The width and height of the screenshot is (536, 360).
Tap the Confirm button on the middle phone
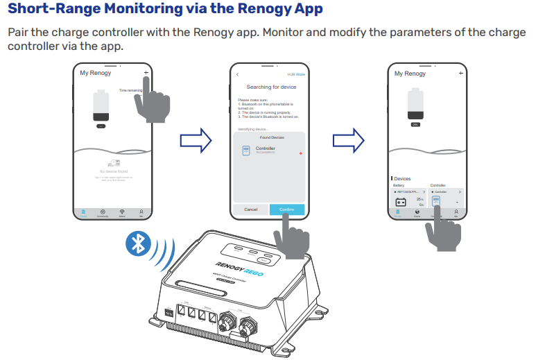(x=286, y=209)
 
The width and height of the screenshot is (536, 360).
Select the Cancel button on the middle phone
(x=250, y=209)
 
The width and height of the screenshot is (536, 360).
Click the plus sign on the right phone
(x=460, y=73)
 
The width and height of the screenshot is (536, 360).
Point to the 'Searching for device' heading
(x=268, y=87)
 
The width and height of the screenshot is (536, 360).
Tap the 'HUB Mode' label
(x=296, y=74)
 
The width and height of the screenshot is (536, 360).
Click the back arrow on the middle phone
(x=237, y=74)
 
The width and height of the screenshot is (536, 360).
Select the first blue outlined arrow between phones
(x=194, y=140)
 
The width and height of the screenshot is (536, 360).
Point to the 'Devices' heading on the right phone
(x=403, y=179)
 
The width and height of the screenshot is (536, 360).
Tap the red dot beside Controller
(x=300, y=152)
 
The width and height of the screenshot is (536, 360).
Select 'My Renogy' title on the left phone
(x=95, y=73)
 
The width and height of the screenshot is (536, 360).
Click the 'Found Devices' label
(x=268, y=137)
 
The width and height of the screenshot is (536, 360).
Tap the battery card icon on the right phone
(x=400, y=203)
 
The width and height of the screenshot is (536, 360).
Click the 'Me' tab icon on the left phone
(x=141, y=212)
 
